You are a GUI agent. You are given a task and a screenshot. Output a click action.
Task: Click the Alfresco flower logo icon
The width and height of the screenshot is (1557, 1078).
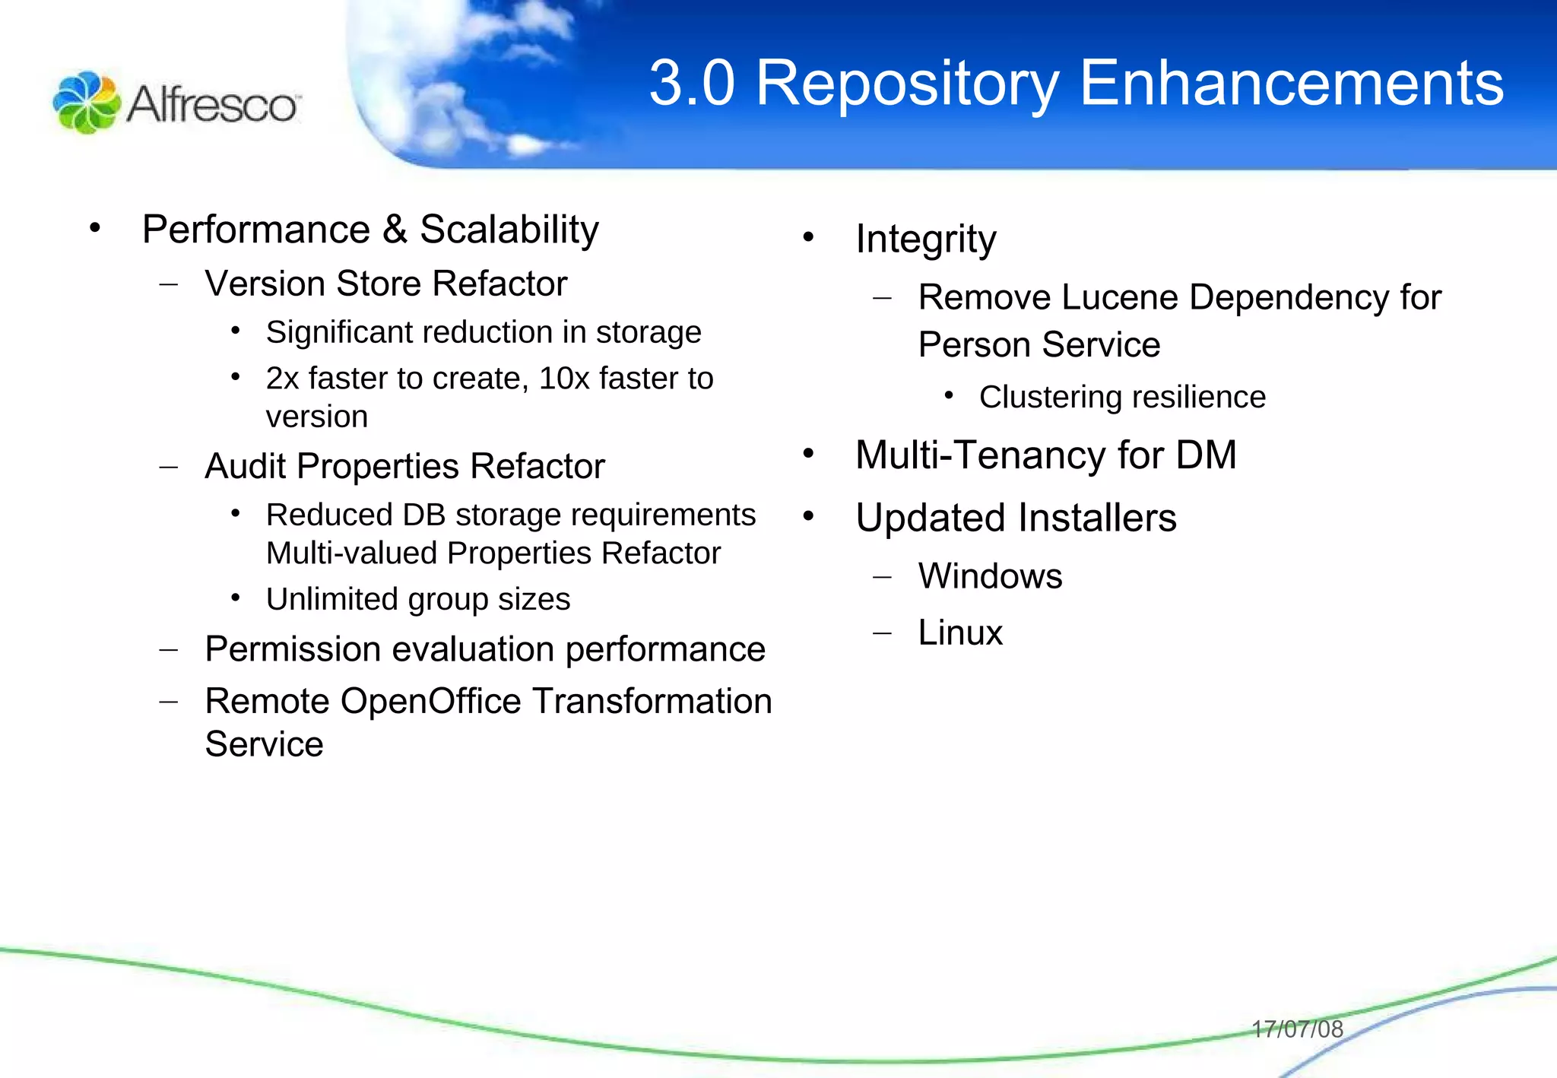86,103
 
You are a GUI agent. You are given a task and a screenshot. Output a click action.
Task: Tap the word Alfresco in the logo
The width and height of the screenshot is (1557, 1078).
212,104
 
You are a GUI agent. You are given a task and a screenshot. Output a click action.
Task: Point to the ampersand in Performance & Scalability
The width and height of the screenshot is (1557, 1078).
395,230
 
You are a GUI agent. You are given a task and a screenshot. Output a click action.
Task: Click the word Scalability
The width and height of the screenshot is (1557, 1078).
509,230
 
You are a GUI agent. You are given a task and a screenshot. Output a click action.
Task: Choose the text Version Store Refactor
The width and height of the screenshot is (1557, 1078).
385,284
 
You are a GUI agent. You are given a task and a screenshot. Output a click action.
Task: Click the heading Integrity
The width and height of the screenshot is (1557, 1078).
925,239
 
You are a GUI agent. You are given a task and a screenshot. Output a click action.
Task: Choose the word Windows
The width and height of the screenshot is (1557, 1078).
990,576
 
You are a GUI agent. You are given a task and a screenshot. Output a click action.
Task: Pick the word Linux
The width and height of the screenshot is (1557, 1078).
960,633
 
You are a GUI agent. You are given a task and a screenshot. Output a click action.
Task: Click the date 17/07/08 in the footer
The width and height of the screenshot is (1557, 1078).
1297,1029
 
